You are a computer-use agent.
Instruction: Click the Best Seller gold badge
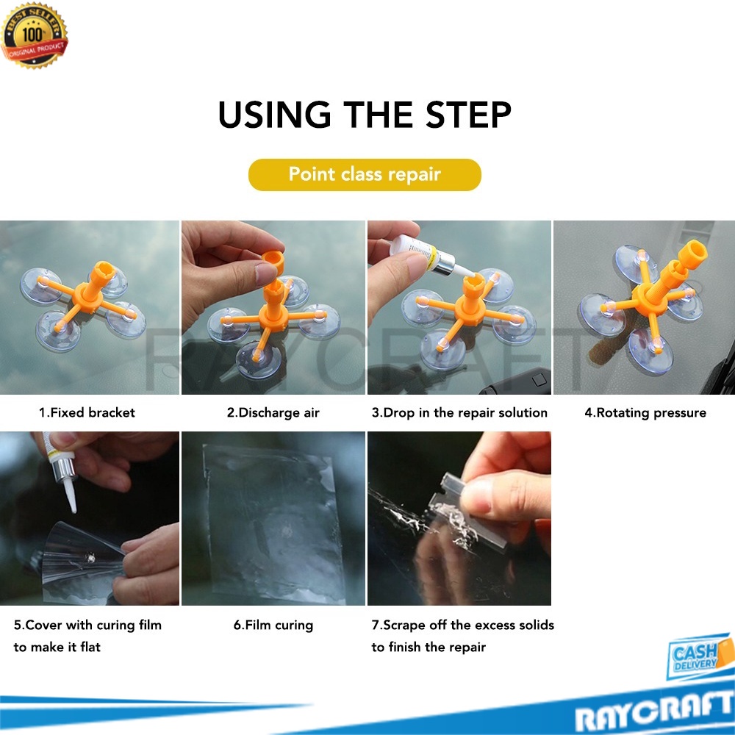pyautogui.click(x=35, y=35)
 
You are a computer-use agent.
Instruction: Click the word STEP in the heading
pyautogui.click(x=467, y=115)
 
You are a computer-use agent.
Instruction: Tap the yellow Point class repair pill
pyautogui.click(x=365, y=174)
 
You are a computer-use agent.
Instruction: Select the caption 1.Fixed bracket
pyautogui.click(x=87, y=412)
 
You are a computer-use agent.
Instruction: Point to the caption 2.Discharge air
pyautogui.click(x=273, y=412)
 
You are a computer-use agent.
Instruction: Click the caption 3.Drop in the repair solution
pyautogui.click(x=459, y=412)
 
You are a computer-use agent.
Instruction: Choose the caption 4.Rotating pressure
pyautogui.click(x=645, y=412)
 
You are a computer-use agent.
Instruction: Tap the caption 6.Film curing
pyautogui.click(x=273, y=625)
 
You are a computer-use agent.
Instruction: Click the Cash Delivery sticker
pyautogui.click(x=700, y=656)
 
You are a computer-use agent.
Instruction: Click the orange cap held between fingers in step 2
pyautogui.click(x=273, y=262)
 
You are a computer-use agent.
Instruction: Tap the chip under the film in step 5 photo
pyautogui.click(x=90, y=558)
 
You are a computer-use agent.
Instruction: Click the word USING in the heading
pyautogui.click(x=275, y=115)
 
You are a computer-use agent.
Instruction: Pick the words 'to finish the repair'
pyautogui.click(x=429, y=648)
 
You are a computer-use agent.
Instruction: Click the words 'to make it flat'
pyautogui.click(x=57, y=648)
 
